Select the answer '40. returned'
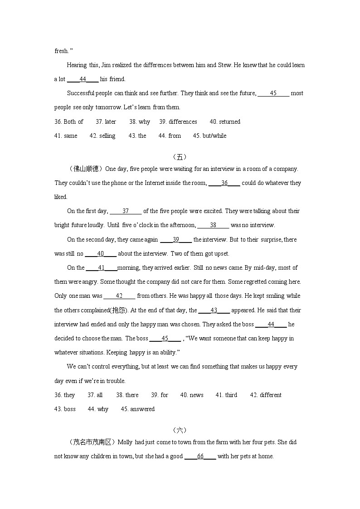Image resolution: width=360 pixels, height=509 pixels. [225, 121]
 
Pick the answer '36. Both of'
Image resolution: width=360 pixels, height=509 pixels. [69, 121]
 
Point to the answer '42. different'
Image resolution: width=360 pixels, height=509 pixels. [266, 395]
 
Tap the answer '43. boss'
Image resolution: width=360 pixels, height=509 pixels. [65, 409]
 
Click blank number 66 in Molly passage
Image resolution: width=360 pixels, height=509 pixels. [200, 456]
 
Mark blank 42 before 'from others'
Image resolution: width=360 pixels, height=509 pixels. [119, 296]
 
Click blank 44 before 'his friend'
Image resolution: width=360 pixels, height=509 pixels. [83, 79]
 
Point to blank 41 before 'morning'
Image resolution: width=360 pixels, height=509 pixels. [102, 267]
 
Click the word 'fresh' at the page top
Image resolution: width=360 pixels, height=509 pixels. [61, 51]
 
